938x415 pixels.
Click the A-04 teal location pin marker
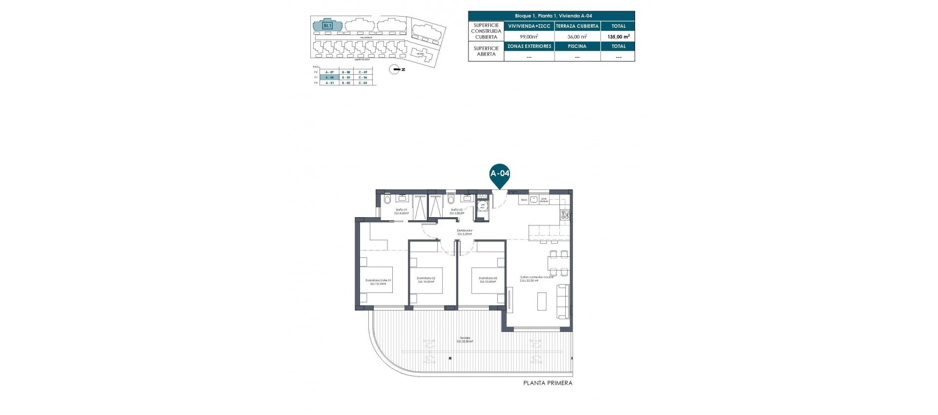point(500,175)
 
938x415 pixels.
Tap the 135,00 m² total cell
point(618,36)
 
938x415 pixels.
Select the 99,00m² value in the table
point(529,36)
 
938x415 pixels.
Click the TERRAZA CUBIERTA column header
point(577,26)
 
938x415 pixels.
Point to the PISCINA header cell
point(577,46)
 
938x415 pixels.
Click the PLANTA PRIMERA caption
point(547,383)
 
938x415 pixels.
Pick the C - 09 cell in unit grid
point(362,72)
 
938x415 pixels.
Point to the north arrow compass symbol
point(395,70)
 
